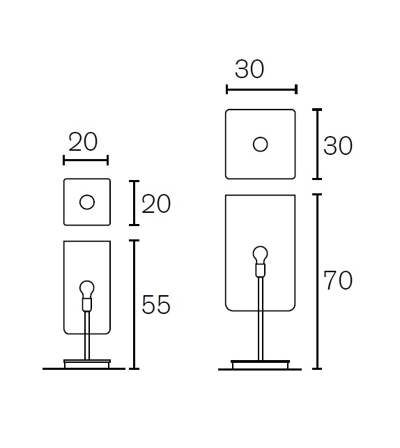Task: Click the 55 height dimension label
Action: coord(156,304)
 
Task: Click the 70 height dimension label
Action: coord(338,281)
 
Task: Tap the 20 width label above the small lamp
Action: coord(83,142)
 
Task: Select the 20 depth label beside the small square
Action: coord(156,204)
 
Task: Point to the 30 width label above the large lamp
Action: coord(249,69)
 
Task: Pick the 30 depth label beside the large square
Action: coord(338,146)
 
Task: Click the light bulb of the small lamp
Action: coord(87,290)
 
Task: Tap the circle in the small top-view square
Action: coord(87,202)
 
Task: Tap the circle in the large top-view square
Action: coord(260,144)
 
